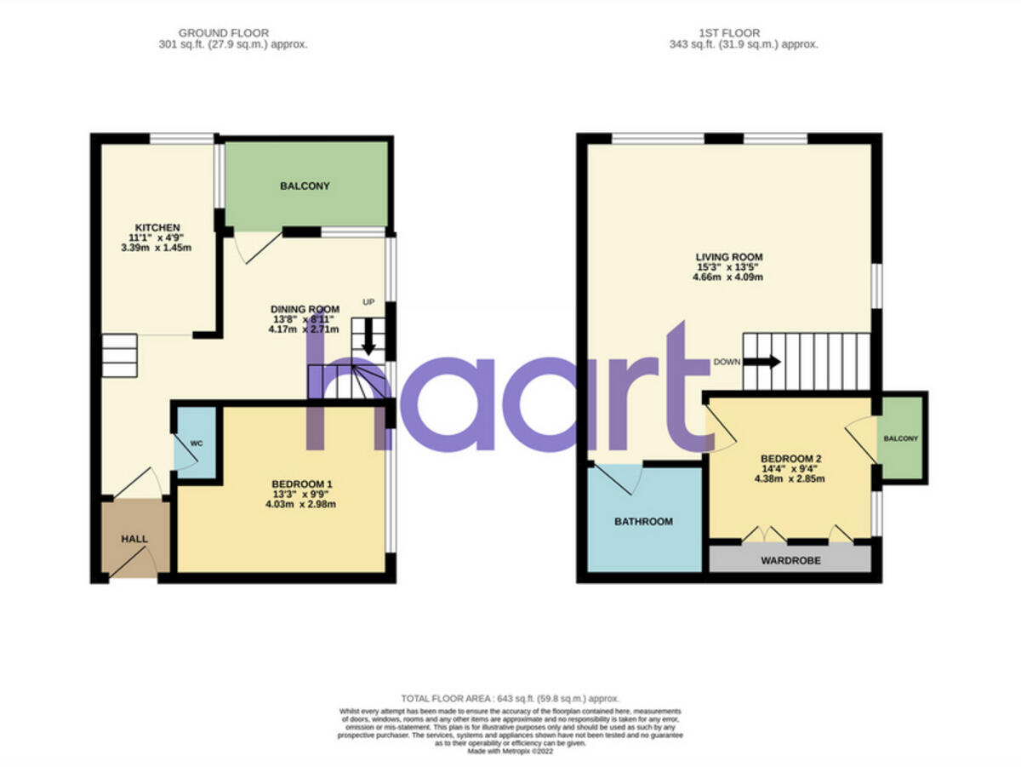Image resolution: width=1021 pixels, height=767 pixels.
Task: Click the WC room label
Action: click(x=197, y=444)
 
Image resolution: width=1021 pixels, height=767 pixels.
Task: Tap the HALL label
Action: click(x=134, y=539)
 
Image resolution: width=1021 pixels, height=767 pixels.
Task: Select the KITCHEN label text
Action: click(x=154, y=227)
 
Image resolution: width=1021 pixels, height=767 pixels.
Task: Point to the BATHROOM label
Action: click(x=643, y=522)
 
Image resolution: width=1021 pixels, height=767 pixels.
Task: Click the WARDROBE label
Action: click(x=790, y=561)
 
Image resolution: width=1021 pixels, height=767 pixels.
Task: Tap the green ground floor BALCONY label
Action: click(x=304, y=186)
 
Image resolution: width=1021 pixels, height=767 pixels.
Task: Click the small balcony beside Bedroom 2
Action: click(x=901, y=438)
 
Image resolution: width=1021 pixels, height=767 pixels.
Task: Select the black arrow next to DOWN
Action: click(x=762, y=361)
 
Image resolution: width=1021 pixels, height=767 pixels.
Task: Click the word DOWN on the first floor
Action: click(x=727, y=362)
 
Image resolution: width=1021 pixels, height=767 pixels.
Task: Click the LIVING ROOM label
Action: click(x=729, y=256)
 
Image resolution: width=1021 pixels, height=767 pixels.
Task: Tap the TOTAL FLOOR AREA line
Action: click(x=510, y=698)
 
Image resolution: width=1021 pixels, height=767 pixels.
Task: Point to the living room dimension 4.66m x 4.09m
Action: click(x=729, y=277)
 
